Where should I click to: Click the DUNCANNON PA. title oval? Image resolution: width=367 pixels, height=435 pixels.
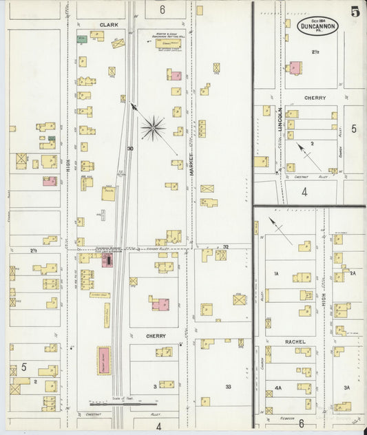(x=319, y=25)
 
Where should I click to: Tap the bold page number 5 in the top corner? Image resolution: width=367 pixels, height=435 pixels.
(x=354, y=11)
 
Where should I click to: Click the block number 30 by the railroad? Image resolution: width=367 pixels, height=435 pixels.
(x=129, y=148)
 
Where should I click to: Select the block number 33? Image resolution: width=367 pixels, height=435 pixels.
(x=228, y=388)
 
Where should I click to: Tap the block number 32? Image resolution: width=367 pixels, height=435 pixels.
(x=225, y=246)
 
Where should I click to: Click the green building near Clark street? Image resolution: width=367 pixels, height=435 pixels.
(x=82, y=39)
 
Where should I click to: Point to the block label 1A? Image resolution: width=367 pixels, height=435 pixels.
(x=275, y=274)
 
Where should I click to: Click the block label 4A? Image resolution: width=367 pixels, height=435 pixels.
(x=278, y=388)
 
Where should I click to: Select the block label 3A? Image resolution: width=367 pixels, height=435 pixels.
(x=346, y=388)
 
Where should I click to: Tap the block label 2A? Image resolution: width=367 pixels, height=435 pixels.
(x=353, y=274)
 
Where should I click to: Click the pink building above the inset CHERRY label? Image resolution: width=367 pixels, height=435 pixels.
(x=295, y=68)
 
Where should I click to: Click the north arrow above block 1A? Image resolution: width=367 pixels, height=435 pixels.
(x=280, y=231)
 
